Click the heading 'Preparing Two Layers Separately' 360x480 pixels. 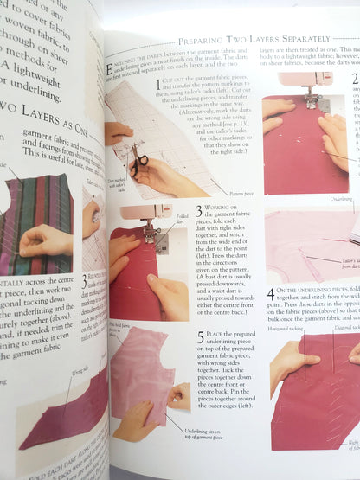(254, 40)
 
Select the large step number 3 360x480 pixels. (198, 210)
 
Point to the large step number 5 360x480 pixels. (201, 336)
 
